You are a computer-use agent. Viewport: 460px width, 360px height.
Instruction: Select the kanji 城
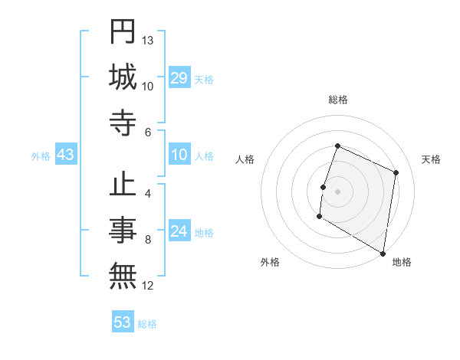pos(123,77)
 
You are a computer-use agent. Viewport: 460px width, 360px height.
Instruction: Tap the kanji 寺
pos(123,123)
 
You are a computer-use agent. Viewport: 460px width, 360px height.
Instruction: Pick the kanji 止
pos(123,187)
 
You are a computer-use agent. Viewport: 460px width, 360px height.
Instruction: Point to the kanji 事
pos(123,231)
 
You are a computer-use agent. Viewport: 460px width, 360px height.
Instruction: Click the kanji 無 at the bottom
pos(123,277)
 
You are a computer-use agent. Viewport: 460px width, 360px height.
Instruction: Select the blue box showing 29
pos(179,78)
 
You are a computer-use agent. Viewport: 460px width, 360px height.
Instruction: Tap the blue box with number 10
pos(179,155)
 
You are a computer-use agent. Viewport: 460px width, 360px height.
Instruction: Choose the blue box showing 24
pos(179,232)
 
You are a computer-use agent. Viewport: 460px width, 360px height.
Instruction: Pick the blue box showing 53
pos(123,322)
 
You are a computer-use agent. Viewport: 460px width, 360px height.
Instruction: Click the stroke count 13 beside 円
pos(148,40)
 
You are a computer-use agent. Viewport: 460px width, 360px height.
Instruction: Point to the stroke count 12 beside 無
pos(148,286)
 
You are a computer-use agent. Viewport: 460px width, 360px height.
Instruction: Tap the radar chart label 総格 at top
pos(337,100)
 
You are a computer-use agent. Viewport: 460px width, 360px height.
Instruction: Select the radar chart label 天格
pos(431,159)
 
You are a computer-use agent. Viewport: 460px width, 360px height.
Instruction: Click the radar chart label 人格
pos(245,159)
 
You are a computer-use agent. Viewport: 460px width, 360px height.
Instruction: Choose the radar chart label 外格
pos(269,262)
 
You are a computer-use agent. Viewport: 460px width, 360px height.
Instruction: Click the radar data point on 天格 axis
pos(396,172)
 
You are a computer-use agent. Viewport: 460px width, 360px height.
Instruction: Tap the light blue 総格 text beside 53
pos(147,323)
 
